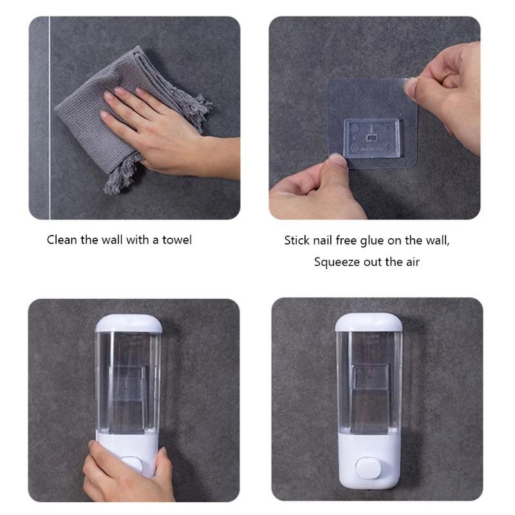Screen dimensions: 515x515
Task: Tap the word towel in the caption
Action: click(176, 240)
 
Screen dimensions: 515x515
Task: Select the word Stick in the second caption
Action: click(297, 241)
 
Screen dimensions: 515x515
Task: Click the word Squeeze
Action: click(336, 262)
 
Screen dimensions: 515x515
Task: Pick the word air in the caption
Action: click(410, 262)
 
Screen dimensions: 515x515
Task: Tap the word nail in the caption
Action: click(328, 241)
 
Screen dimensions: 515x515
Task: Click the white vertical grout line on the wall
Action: click(50, 116)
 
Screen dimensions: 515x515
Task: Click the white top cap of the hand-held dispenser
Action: click(127, 323)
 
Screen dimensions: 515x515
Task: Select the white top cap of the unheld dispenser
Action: click(368, 321)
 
